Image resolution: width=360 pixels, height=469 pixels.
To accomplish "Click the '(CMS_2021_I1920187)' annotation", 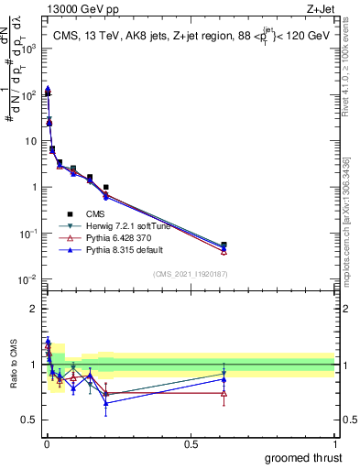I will coord(191,273).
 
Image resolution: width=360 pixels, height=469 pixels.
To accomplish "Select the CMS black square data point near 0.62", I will coord(224,245).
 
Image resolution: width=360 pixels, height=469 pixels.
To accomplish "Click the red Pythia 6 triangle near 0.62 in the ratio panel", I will coord(224,393).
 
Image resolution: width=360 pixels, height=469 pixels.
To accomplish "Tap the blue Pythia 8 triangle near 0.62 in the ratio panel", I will coord(224,379).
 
